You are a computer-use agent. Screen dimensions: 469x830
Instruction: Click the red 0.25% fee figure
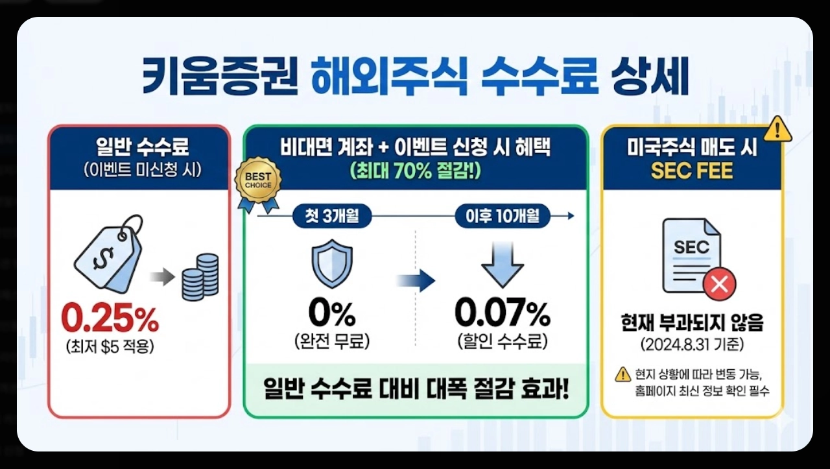[x=110, y=319]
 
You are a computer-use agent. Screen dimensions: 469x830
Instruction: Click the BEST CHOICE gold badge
[x=258, y=181]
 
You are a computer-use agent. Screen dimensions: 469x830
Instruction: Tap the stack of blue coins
[x=200, y=278]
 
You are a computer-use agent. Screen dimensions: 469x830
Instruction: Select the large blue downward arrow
[x=502, y=265]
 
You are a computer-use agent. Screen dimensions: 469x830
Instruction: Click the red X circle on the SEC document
[x=719, y=283]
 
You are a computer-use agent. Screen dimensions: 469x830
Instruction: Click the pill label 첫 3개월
[x=331, y=216]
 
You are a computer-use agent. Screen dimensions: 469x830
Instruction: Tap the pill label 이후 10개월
[x=502, y=216]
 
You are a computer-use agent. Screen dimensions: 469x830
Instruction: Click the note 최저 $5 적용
[x=109, y=347]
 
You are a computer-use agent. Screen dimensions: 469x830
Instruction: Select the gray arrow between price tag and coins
[x=162, y=278]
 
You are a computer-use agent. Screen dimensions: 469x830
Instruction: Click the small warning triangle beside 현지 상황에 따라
[x=622, y=374]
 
